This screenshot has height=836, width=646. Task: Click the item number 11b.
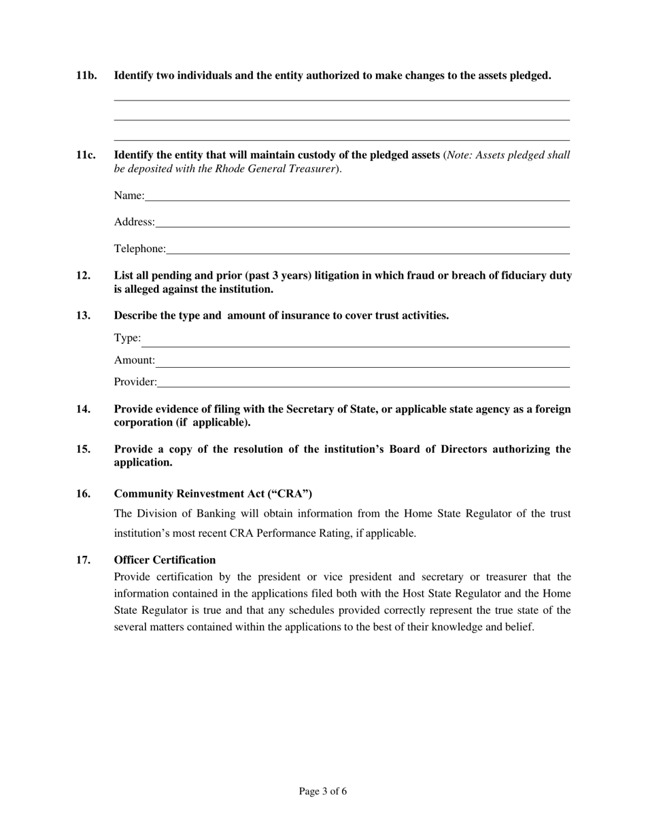(x=86, y=75)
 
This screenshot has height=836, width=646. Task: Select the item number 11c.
(x=86, y=155)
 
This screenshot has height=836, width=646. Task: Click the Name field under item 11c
(x=356, y=196)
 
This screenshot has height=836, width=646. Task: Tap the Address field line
(x=362, y=222)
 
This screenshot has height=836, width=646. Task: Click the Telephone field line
(x=367, y=249)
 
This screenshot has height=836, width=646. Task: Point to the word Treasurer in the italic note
(x=312, y=169)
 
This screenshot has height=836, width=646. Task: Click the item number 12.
(x=83, y=275)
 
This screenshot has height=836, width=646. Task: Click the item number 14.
(x=83, y=409)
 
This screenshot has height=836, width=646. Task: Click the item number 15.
(x=83, y=449)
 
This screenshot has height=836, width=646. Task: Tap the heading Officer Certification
(x=165, y=560)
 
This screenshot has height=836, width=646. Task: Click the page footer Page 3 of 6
(x=323, y=791)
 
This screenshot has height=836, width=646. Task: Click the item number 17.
(x=83, y=560)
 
